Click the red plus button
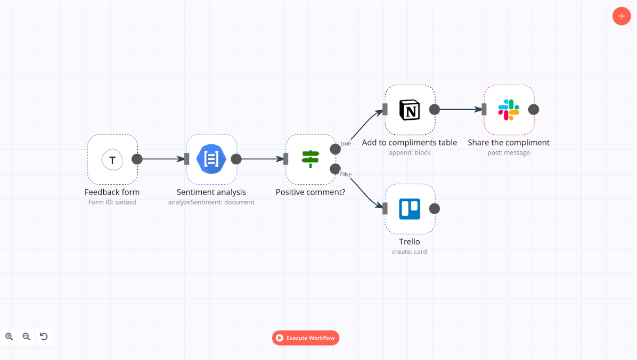tap(621, 16)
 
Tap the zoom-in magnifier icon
tap(9, 336)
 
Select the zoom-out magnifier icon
tap(26, 336)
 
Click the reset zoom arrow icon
tap(44, 336)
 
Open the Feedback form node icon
tap(112, 159)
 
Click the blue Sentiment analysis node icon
tap(211, 159)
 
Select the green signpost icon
tap(311, 159)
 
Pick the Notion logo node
tap(410, 110)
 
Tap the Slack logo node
tap(509, 110)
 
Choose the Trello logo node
tap(410, 209)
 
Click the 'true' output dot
tap(335, 149)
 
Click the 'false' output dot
tap(335, 169)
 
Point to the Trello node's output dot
tap(435, 209)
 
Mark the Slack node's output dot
tap(534, 110)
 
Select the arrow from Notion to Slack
tap(459, 110)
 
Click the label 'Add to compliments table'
tap(410, 142)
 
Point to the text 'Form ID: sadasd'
tap(112, 202)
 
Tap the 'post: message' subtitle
tap(509, 153)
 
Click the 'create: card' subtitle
tap(410, 252)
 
